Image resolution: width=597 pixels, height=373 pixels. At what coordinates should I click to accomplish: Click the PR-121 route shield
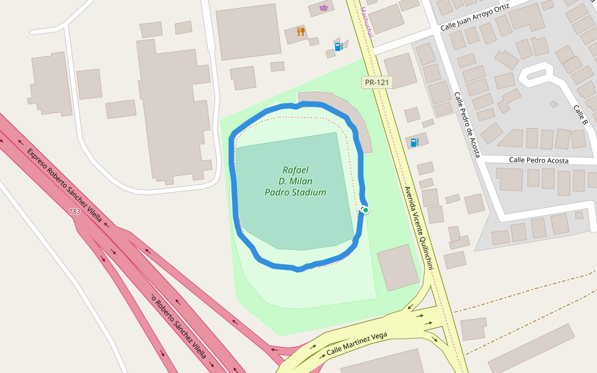[x=376, y=82]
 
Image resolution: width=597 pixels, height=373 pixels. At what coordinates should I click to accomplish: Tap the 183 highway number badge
[x=75, y=212]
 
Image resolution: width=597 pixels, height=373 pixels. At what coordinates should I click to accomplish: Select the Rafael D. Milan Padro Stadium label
[x=295, y=181]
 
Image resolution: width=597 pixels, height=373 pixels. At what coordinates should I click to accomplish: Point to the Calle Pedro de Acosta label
[x=467, y=125]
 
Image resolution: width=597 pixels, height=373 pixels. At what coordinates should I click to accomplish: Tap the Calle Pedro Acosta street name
[x=539, y=160]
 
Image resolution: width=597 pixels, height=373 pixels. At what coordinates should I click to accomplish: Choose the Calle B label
[x=580, y=114]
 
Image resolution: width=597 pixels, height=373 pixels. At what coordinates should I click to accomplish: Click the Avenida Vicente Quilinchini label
[x=417, y=226]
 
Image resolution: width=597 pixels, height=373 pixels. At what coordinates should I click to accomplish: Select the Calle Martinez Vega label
[x=357, y=344]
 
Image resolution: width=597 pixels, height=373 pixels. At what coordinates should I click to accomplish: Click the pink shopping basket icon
[x=323, y=7]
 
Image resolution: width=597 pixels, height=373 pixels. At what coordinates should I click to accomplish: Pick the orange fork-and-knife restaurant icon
[x=301, y=31]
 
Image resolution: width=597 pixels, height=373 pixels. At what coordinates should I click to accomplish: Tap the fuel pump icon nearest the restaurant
[x=339, y=46]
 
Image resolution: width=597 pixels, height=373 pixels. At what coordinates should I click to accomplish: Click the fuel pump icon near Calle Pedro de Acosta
[x=415, y=142]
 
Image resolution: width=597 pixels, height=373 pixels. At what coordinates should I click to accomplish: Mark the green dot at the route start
[x=366, y=210]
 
